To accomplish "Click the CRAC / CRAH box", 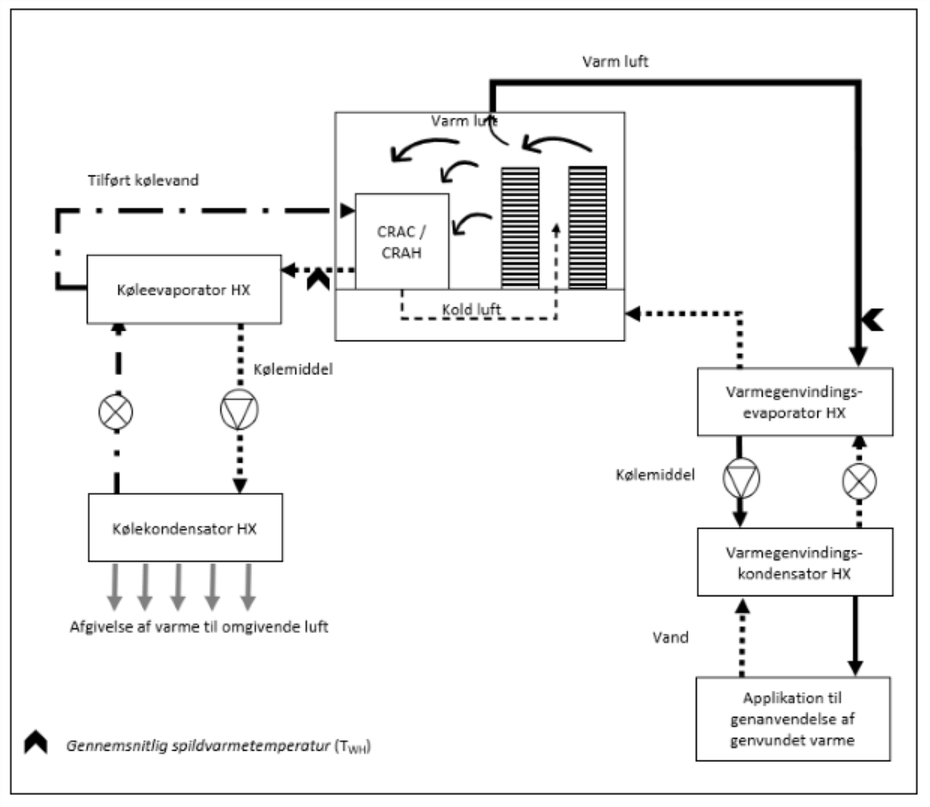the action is [402, 242].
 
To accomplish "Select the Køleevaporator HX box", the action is [184, 289].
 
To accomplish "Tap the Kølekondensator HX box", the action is [185, 527].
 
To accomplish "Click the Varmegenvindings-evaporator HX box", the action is [795, 402].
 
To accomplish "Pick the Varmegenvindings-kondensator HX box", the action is [795, 562].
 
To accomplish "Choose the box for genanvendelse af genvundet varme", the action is [793, 719].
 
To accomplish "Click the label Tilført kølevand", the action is [143, 180].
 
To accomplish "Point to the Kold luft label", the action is [471, 309].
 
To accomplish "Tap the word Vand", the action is [671, 637].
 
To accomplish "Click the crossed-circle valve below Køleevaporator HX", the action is [116, 412].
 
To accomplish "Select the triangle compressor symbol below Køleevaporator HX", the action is [239, 409].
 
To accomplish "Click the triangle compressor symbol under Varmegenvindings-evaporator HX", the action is [741, 478].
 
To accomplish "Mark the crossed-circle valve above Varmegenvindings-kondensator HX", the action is [859, 481].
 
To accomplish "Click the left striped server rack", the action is [520, 228].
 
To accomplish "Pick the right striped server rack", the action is [588, 228].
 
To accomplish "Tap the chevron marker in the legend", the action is [36, 742].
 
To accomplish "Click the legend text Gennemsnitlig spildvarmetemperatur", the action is [198, 746].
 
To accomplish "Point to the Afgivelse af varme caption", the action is [199, 627].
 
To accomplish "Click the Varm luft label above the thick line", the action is [615, 61].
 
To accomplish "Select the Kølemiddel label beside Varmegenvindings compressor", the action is [655, 474].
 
